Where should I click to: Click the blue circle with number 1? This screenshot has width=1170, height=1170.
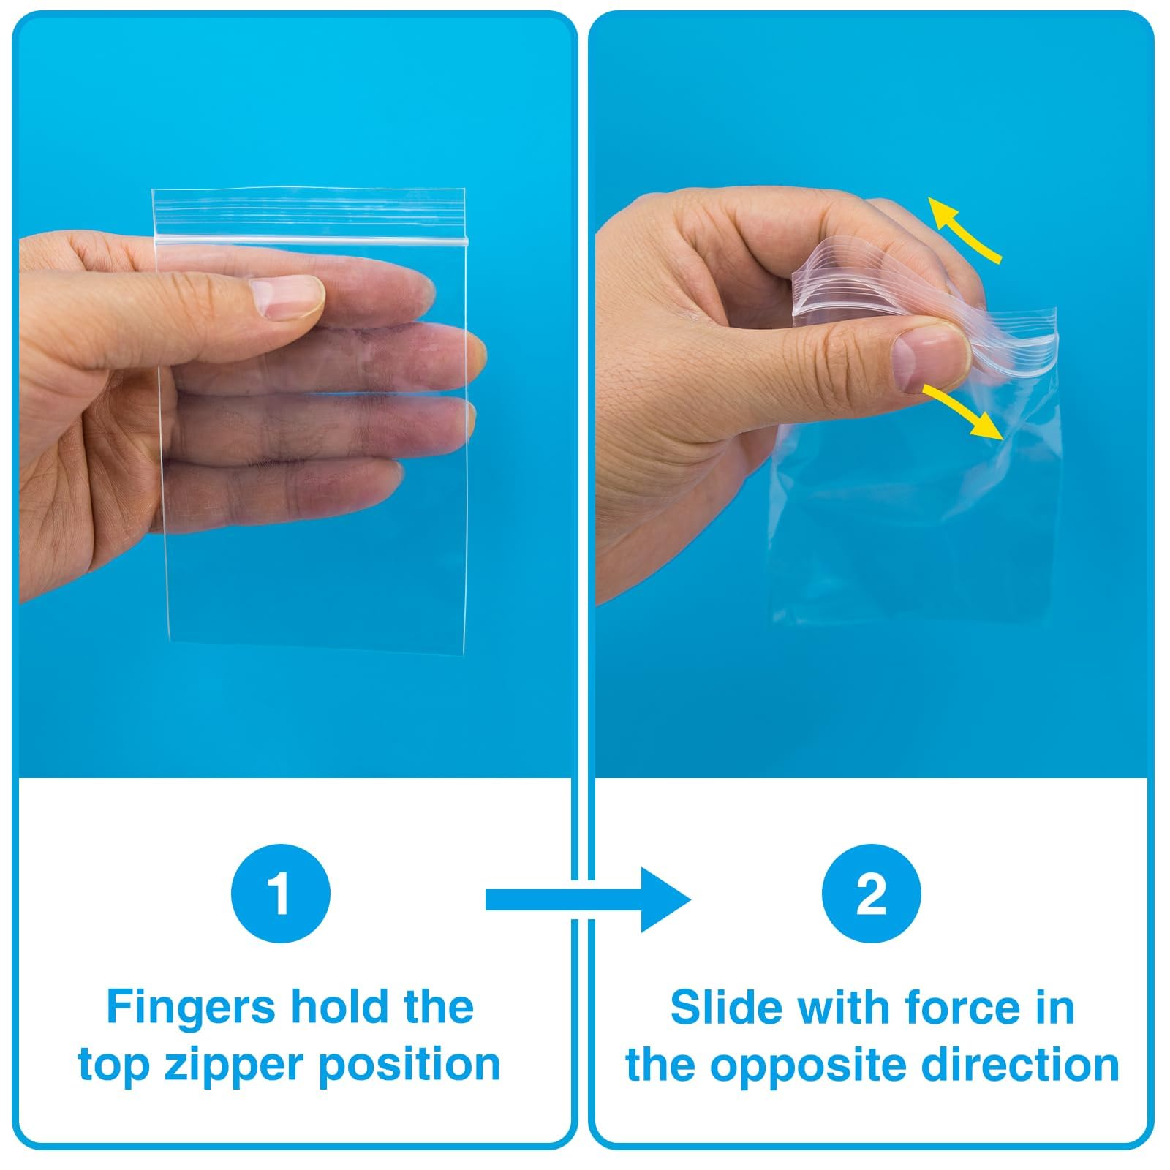(281, 893)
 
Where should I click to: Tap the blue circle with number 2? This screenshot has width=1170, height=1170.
(871, 893)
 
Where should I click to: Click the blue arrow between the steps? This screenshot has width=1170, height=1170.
(588, 900)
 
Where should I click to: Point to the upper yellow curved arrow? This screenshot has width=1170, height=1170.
(964, 228)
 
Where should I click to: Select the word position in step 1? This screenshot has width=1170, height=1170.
(409, 1065)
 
